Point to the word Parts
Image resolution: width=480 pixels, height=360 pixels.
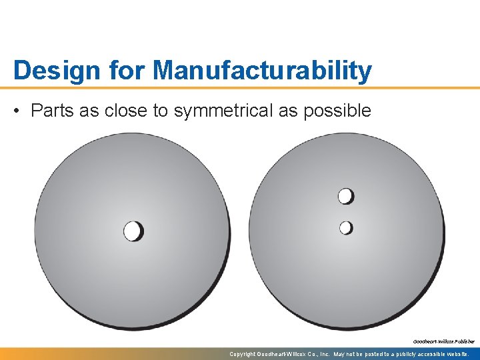(x=52, y=111)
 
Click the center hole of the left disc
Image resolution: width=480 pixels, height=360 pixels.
(x=133, y=231)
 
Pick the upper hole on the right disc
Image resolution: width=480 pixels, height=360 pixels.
(x=345, y=196)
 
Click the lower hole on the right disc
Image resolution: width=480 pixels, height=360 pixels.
(x=345, y=228)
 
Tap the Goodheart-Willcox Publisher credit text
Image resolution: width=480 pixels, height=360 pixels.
(x=443, y=341)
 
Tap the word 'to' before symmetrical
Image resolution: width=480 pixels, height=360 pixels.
(x=161, y=111)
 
